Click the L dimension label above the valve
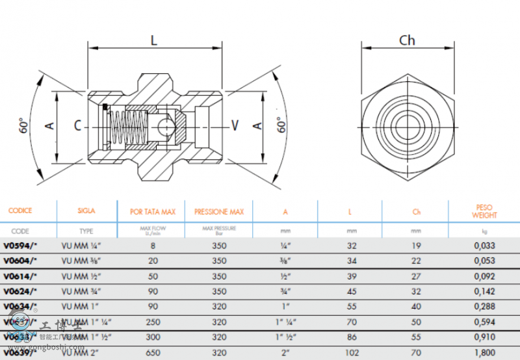155,40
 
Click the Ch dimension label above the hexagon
407,40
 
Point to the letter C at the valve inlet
77,125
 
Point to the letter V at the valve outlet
235,125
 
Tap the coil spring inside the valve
127,127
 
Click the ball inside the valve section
168,125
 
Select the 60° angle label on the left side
24,125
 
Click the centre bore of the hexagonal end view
407,125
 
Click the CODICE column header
20,211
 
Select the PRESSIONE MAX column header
219,212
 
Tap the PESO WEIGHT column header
484,212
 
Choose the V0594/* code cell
20,246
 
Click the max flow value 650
153,353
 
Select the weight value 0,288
484,307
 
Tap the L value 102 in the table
352,353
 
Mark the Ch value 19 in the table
416,246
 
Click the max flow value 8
153,246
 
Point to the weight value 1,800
484,353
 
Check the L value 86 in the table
352,337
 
